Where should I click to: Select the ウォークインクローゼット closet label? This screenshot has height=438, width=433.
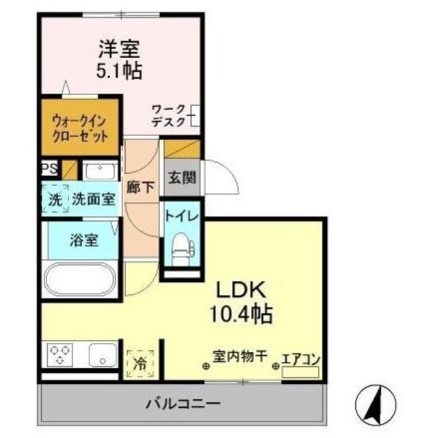pyautogui.click(x=80, y=129)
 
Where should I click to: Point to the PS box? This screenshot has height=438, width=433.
pyautogui.click(x=50, y=168)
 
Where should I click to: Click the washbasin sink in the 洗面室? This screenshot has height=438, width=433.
pyautogui.click(x=101, y=170)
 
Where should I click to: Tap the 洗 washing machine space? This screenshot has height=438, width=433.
pyautogui.click(x=55, y=199)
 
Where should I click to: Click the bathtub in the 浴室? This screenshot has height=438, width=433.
pyautogui.click(x=80, y=279)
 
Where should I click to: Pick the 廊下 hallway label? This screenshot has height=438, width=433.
pyautogui.click(x=140, y=187)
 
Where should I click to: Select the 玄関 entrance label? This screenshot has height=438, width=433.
pyautogui.click(x=182, y=177)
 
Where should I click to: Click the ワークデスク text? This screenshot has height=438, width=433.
pyautogui.click(x=168, y=116)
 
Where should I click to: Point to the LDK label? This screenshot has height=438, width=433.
pyautogui.click(x=241, y=290)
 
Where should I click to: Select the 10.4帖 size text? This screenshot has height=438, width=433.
pyautogui.click(x=241, y=313)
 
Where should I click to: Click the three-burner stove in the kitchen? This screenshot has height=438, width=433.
pyautogui.click(x=60, y=355)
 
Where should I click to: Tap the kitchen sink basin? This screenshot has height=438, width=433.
pyautogui.click(x=103, y=355)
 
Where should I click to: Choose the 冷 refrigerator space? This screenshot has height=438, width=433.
pyautogui.click(x=140, y=364)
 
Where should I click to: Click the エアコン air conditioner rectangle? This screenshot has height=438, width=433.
pyautogui.click(x=300, y=372)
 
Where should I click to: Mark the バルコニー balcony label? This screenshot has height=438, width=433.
pyautogui.click(x=183, y=403)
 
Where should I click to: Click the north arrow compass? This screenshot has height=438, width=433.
pyautogui.click(x=376, y=404)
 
